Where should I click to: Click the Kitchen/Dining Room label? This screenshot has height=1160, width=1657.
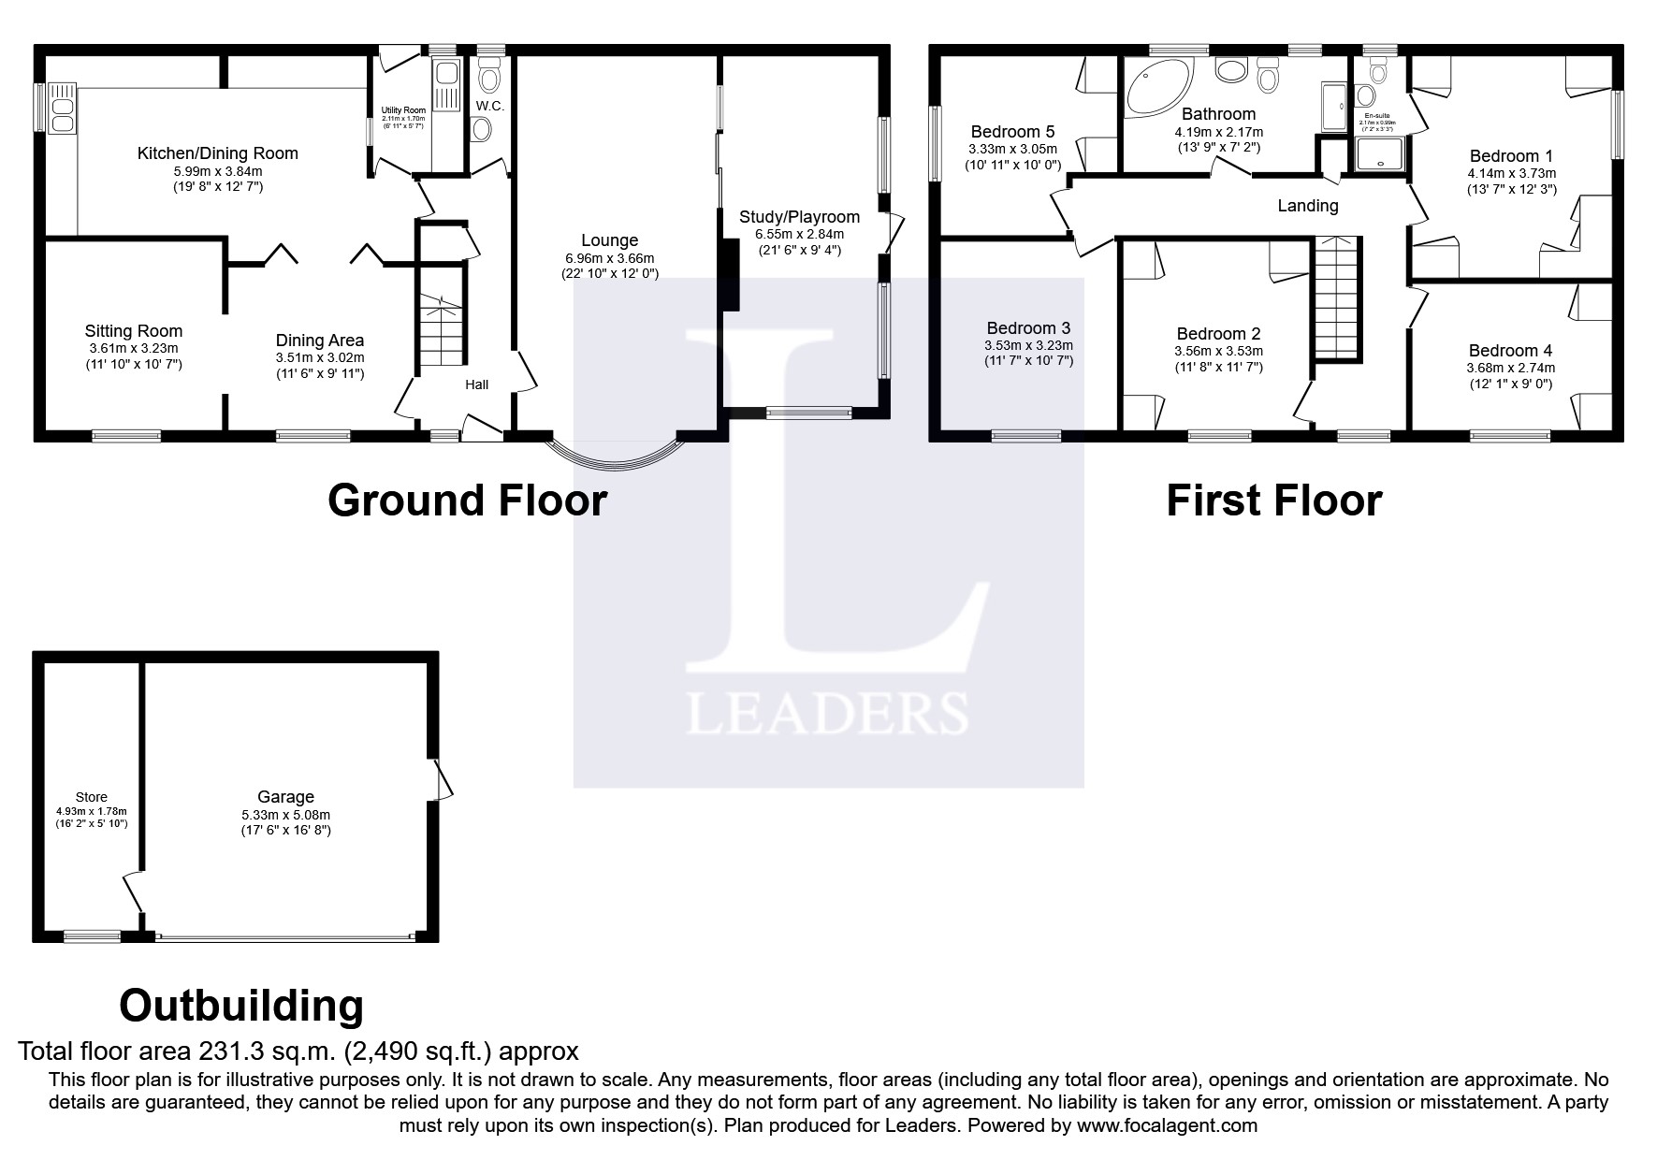coord(217,153)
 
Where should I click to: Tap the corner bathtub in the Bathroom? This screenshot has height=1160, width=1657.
coord(1156,86)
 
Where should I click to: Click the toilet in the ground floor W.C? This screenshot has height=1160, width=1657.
coord(489,72)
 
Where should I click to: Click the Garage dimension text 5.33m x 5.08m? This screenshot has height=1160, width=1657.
coord(285,815)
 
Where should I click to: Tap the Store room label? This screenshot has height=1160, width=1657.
coord(92,797)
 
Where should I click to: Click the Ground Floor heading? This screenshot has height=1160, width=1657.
coord(467,500)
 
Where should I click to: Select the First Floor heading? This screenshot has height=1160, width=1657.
coord(1272,500)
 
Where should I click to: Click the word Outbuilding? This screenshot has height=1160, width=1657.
coord(241,1006)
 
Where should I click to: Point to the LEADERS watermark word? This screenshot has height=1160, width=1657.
coord(827,713)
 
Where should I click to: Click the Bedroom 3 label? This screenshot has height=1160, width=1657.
coord(1028,328)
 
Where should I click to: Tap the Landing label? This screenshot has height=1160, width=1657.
coord(1307,206)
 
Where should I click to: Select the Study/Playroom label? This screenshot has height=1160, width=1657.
coord(799,217)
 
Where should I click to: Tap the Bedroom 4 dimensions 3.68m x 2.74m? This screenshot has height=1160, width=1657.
coord(1510,369)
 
